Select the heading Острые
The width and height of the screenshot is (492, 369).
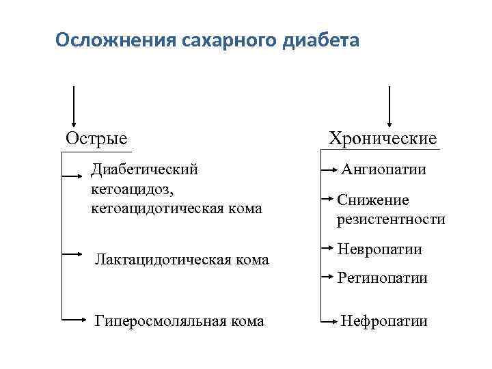pos(96,138)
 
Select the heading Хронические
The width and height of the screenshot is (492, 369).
pos(383,139)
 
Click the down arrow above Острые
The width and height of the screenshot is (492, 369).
pos(74,107)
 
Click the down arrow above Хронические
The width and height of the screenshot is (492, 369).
pos(389,107)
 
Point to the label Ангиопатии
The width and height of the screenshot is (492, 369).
pos(383,169)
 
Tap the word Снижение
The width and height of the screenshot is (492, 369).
pos(373,200)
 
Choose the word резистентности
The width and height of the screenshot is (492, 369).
pos(391,219)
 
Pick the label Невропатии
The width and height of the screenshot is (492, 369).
pos(380,249)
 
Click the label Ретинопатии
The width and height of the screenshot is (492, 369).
pos(383,277)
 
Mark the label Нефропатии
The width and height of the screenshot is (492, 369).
pos(384,320)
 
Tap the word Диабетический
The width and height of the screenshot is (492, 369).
pos(145,168)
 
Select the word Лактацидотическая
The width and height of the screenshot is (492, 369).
pos(159,259)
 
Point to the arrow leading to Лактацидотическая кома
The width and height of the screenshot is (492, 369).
pos(72,253)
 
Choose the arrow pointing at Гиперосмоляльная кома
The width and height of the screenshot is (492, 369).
pos(72,318)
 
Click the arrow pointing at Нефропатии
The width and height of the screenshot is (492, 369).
pos(329,319)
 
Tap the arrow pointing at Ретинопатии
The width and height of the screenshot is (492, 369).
pos(329,276)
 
